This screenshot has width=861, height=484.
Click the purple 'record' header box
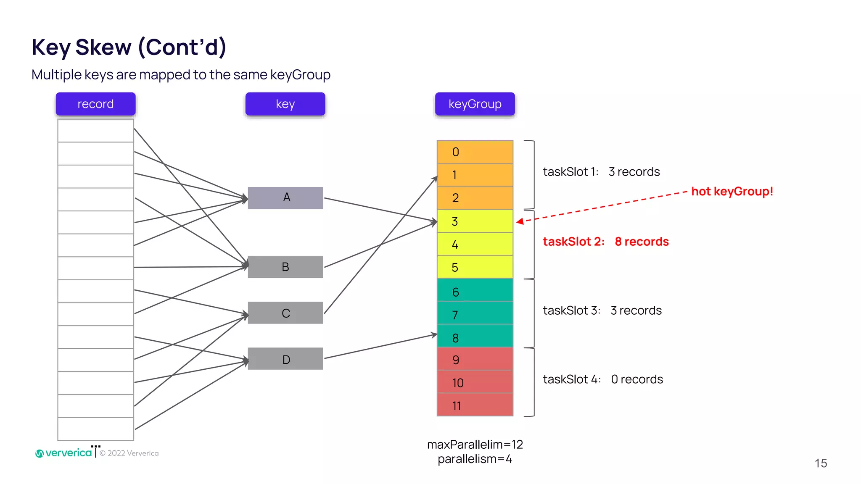point(95,104)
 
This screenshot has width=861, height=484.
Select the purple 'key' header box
point(285,104)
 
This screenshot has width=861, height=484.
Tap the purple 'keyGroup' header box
point(475,104)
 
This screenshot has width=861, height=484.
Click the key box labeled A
point(285,197)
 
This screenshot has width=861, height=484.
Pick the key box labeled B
point(285,267)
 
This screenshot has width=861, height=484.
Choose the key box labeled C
point(285,313)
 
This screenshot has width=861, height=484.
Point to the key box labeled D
point(285,359)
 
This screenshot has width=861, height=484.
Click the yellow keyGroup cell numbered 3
point(475,221)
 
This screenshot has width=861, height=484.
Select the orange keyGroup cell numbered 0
point(475,152)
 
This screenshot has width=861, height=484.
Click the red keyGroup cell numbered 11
point(475,405)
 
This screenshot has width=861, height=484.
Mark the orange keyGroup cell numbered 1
point(475,175)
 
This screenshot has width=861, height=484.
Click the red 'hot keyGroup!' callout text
point(732,192)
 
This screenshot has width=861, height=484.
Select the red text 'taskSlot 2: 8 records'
point(605,242)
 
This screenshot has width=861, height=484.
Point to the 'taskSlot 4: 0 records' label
point(602,379)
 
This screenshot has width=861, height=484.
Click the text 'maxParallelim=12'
point(475,445)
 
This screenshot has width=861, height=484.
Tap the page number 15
point(821,463)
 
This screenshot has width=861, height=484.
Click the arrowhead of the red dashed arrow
point(520,221)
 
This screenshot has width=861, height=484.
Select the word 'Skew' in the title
point(103,47)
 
